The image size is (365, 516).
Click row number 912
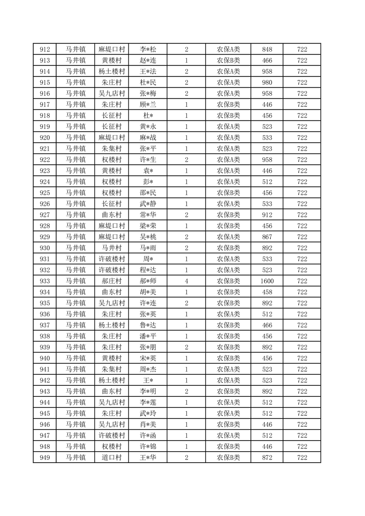coord(45,49)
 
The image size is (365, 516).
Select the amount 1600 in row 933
coord(267,281)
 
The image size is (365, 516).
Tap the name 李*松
coord(148,49)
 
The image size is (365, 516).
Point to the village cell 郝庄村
coord(112,281)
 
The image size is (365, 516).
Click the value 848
coord(267,49)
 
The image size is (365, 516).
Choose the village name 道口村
coord(112,458)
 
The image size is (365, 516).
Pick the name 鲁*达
coord(148,325)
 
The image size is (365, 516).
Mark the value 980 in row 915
coord(267,82)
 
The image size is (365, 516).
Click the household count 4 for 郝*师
coord(186,281)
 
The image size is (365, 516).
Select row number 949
coord(45,458)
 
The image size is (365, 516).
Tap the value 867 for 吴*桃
coord(267,237)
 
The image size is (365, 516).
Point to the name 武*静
coord(148,204)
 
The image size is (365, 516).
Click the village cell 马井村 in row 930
coord(112,248)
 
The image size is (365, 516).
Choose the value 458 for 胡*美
coord(267,292)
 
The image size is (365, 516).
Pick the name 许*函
coord(148,436)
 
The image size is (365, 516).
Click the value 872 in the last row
coord(267,458)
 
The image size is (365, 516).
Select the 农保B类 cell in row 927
coord(228,215)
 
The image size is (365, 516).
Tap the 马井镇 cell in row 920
coord(75,138)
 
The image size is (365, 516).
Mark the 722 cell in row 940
coord(302,358)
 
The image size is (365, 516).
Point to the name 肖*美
coord(148,424)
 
